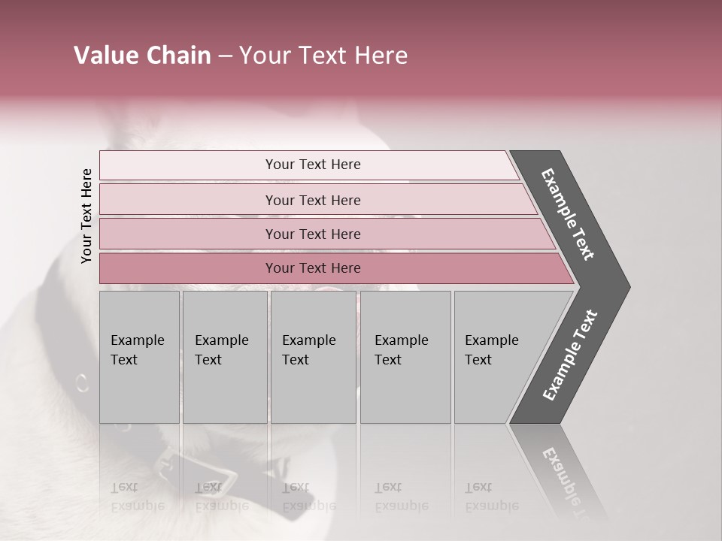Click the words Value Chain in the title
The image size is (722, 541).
(x=142, y=56)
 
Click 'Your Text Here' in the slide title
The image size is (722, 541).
(x=323, y=56)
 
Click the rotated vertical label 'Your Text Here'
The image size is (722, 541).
(x=86, y=216)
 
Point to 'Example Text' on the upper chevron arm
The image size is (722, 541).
(x=568, y=214)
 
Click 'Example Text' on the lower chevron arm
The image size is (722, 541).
(x=569, y=355)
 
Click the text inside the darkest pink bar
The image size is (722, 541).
(x=313, y=268)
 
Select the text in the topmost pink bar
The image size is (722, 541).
(x=313, y=165)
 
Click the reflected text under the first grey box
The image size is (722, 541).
(x=136, y=496)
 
